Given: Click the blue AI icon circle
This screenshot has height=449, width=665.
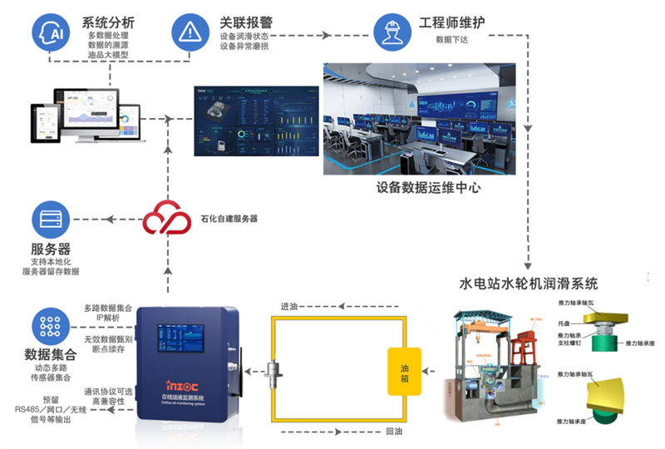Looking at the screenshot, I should (x=51, y=33).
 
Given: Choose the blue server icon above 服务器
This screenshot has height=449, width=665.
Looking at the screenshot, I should (x=51, y=220).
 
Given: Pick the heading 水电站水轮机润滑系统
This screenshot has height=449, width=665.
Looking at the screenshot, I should (x=529, y=284).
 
